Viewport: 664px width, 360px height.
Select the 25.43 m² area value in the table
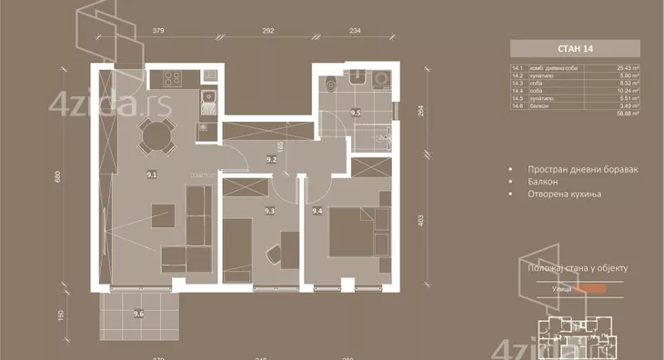(624, 66)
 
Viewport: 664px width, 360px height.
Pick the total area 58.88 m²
(624, 115)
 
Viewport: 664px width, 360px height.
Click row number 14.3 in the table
(519, 83)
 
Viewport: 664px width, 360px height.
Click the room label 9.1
(152, 175)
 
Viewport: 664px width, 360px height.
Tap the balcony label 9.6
(138, 314)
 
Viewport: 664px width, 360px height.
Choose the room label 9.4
(317, 211)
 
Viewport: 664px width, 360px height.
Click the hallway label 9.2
(271, 159)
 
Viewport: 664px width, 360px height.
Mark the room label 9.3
(269, 211)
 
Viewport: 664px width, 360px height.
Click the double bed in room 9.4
(353, 232)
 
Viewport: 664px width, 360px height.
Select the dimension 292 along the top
(268, 31)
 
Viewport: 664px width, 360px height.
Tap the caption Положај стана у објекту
(577, 268)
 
